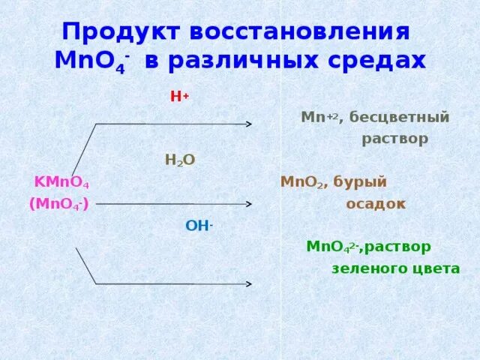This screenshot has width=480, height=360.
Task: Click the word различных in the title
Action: click(248, 61)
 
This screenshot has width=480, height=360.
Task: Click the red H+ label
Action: click(179, 97)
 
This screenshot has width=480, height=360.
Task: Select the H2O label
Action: click(180, 160)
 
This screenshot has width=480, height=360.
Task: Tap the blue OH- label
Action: click(199, 225)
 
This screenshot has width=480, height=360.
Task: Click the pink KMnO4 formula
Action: click(62, 182)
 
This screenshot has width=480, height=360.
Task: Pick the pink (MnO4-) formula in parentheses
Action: click(59, 204)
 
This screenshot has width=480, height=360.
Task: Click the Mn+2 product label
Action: click(319, 118)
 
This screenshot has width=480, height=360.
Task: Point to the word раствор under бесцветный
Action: click(395, 139)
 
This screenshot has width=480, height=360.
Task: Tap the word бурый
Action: click(361, 182)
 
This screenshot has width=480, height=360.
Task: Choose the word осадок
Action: click(376, 203)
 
